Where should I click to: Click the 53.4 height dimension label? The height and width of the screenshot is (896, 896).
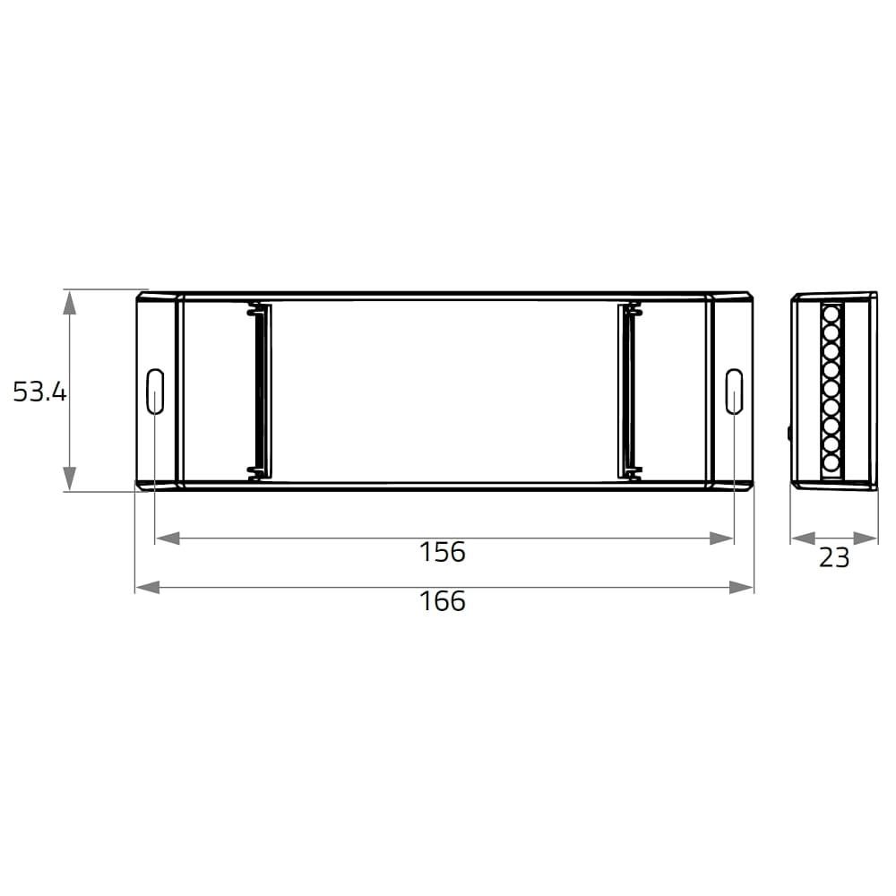[39, 392]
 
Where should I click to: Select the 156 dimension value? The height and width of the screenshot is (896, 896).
[443, 552]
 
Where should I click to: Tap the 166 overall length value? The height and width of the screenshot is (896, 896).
[443, 601]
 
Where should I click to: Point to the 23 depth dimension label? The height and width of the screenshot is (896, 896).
[834, 557]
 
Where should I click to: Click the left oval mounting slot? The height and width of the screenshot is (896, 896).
[155, 392]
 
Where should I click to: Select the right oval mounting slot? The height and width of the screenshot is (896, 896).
[735, 392]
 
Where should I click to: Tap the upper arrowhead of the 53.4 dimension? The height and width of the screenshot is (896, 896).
[69, 302]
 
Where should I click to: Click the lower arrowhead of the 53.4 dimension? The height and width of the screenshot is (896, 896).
[69, 478]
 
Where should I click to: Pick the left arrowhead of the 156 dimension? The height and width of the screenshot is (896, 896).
[168, 538]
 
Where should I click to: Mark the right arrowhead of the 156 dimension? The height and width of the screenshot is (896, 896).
[721, 538]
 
